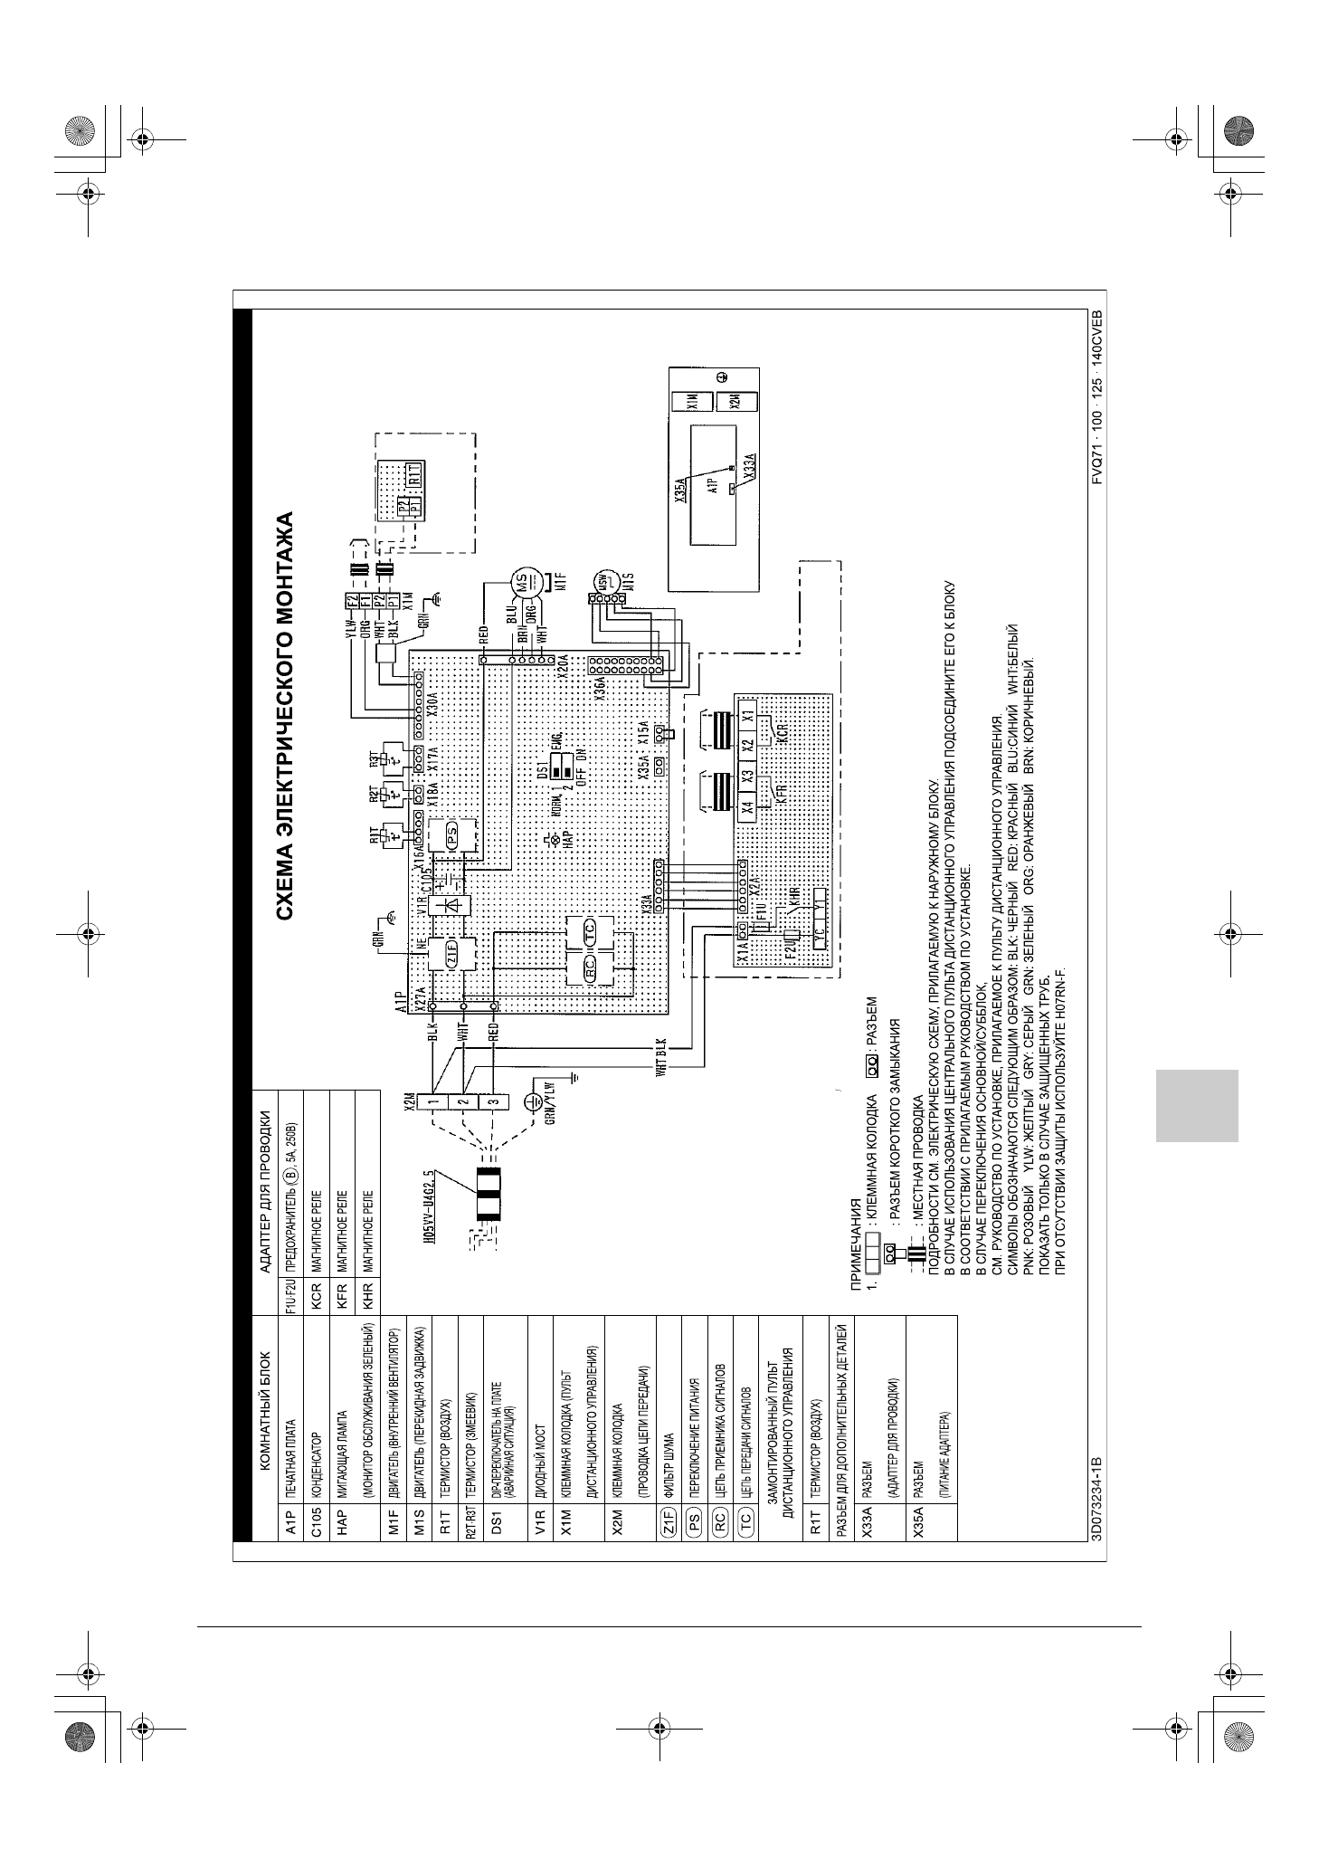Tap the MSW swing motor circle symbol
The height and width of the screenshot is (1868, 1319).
pos(603,580)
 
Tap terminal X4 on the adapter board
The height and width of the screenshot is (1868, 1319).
pos(747,807)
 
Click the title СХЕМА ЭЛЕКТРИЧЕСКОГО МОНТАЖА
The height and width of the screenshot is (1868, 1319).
pos(284,716)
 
